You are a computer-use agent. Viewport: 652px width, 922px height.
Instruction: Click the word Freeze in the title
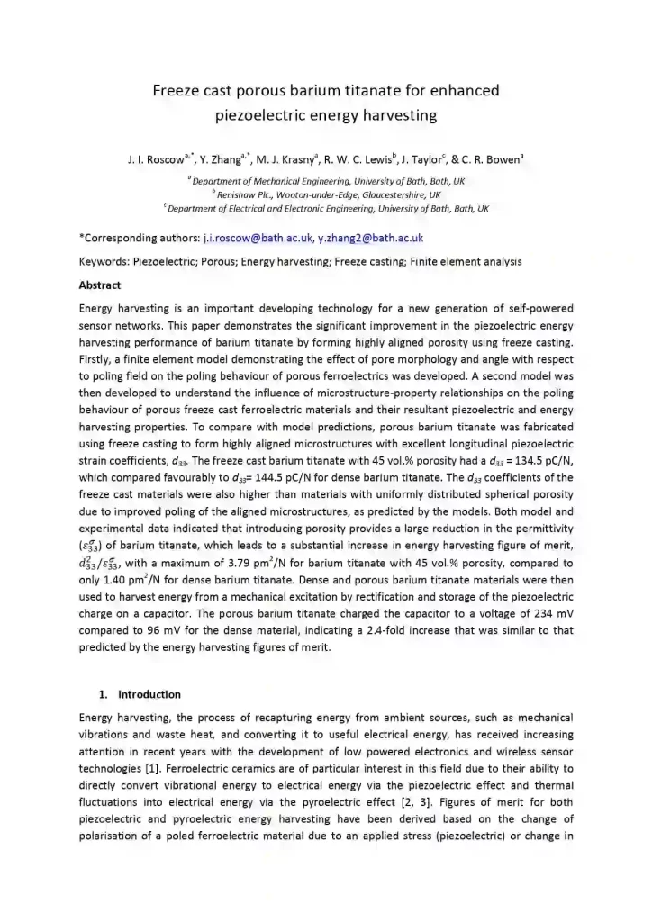177,90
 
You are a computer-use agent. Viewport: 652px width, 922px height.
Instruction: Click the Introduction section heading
149,694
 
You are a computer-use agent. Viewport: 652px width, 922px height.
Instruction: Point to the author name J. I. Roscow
156,160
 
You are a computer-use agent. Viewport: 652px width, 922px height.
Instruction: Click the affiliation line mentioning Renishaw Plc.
326,194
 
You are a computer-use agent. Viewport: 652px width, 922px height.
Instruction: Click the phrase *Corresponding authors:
138,239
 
